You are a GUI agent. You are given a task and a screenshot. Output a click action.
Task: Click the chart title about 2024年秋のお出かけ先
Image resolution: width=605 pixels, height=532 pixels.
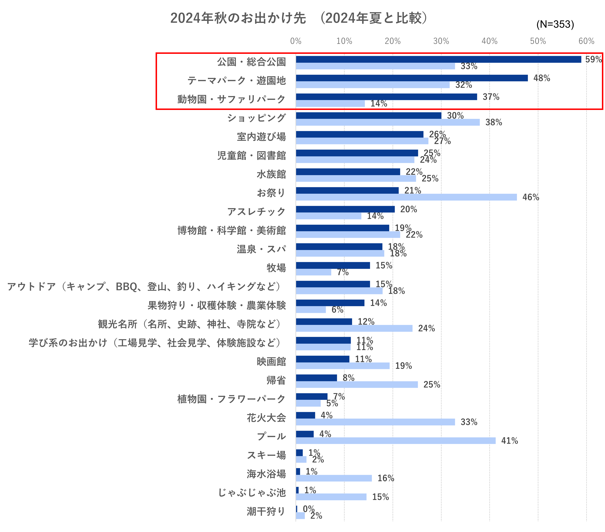[299, 18]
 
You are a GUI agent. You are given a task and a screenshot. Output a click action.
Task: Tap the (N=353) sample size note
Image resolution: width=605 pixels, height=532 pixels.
[555, 24]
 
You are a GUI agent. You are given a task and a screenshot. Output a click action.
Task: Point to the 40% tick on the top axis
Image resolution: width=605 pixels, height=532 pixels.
[489, 41]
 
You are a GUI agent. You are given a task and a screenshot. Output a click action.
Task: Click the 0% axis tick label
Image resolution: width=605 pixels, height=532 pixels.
[295, 41]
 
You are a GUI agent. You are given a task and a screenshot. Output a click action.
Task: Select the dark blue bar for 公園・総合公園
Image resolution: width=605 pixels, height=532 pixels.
[438, 59]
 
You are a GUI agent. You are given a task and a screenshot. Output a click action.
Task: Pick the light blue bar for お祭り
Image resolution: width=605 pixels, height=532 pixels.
[406, 197]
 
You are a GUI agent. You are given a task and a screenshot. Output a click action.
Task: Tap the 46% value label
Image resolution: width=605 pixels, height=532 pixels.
[531, 197]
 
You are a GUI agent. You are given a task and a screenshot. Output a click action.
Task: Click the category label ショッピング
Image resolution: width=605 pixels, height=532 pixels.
[256, 118]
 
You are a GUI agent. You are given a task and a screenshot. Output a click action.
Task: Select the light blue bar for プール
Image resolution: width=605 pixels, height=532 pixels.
[395, 441]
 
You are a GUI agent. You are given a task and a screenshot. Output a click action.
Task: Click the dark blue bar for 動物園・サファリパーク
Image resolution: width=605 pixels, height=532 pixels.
[386, 97]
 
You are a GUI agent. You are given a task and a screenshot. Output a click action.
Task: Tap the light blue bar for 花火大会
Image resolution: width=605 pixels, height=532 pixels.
[375, 422]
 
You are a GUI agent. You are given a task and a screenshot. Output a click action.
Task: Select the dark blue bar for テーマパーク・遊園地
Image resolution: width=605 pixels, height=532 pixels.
[411, 78]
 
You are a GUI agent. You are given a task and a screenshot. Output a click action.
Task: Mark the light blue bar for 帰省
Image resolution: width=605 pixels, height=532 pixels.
[357, 384]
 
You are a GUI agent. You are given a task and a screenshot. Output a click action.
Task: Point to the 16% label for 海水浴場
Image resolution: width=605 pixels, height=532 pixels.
[385, 478]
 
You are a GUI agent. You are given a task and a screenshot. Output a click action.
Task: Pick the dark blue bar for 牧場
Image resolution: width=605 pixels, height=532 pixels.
[333, 265]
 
